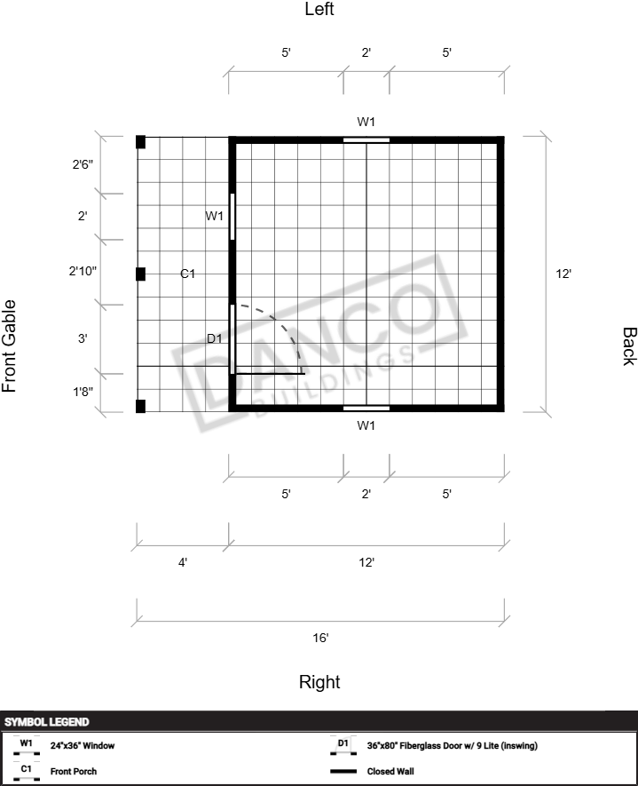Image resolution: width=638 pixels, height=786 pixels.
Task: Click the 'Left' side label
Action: click(x=319, y=9)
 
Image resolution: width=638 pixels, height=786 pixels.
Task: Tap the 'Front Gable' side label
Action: click(x=10, y=345)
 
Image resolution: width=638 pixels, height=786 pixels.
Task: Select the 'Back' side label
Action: click(x=629, y=346)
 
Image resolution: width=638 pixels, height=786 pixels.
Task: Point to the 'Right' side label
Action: click(x=319, y=682)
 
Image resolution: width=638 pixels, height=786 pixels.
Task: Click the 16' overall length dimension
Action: click(x=320, y=638)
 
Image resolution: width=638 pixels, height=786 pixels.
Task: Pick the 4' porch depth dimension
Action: click(x=183, y=562)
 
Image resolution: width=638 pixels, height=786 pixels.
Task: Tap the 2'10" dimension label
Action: click(x=83, y=271)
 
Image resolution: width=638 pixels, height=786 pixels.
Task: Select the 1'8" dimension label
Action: click(x=83, y=392)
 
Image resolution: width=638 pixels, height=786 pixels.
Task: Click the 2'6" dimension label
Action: click(x=83, y=164)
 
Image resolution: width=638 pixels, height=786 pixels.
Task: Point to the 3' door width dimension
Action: click(x=83, y=338)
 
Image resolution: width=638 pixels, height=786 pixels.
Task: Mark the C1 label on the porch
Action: click(x=187, y=274)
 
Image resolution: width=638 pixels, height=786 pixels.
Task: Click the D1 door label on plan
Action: click(x=215, y=338)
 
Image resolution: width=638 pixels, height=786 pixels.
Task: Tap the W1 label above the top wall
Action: click(x=366, y=122)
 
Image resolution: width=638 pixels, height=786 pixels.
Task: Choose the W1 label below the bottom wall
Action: click(x=366, y=425)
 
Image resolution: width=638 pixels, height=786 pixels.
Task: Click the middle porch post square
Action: click(x=141, y=274)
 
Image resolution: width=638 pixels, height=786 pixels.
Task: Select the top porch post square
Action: click(x=141, y=142)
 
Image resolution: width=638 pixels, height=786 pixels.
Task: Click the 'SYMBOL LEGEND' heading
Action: click(x=46, y=722)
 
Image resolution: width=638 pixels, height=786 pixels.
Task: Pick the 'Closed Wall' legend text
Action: click(x=390, y=771)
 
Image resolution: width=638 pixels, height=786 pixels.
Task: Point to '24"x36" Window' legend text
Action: click(x=83, y=745)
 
